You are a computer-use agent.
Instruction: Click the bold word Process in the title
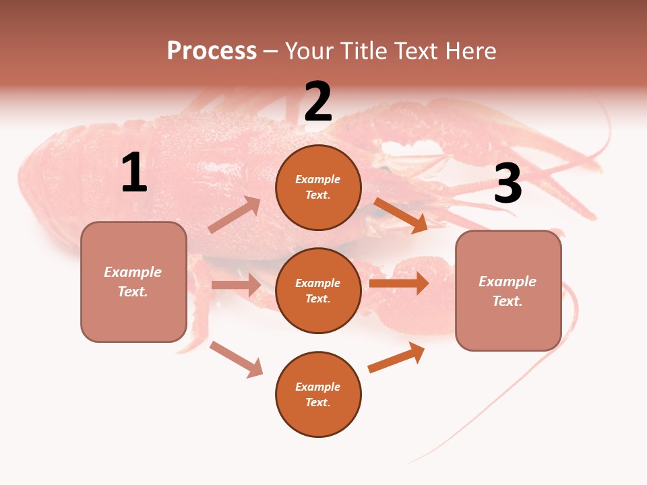pos(212,51)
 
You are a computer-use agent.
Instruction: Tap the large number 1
pos(134,172)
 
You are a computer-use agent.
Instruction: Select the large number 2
pos(318,102)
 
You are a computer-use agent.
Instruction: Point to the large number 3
pos(507,183)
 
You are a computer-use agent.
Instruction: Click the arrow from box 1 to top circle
pos(234,215)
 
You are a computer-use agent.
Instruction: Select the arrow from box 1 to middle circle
pos(236,285)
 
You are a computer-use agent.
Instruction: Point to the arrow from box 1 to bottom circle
pos(236,359)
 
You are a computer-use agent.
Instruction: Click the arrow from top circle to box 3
pos(400,215)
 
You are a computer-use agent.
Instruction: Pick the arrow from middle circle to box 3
pos(398,283)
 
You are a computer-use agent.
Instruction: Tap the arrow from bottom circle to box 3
pos(396,358)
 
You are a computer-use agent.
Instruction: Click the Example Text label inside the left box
pos(133,282)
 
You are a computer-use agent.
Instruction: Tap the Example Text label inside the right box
pos(507,291)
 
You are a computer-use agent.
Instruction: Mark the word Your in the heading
pos(309,51)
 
